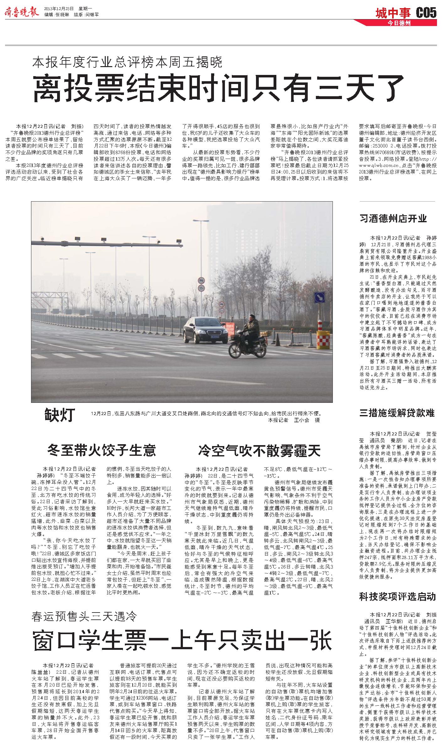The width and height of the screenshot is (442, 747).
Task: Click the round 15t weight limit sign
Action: [201, 287]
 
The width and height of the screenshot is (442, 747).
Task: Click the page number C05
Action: [426, 13]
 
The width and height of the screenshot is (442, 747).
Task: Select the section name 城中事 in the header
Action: [393, 13]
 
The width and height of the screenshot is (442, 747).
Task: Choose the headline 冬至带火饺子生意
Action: [101, 450]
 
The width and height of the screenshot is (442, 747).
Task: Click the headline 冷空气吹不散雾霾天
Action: [259, 450]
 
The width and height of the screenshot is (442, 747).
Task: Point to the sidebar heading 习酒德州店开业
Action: [393, 218]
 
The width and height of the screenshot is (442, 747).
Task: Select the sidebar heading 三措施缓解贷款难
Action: [397, 413]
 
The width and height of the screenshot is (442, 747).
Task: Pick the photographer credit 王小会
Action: [301, 420]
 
